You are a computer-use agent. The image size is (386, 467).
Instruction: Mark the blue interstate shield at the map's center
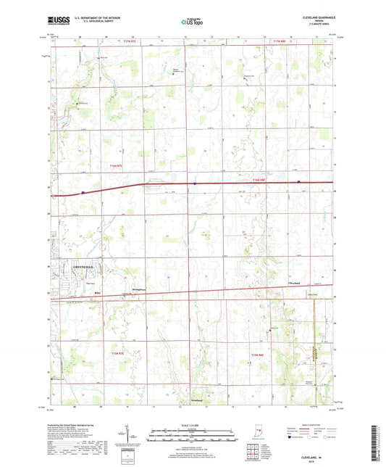coord(194,183)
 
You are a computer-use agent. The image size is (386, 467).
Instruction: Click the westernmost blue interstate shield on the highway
coord(83,192)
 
